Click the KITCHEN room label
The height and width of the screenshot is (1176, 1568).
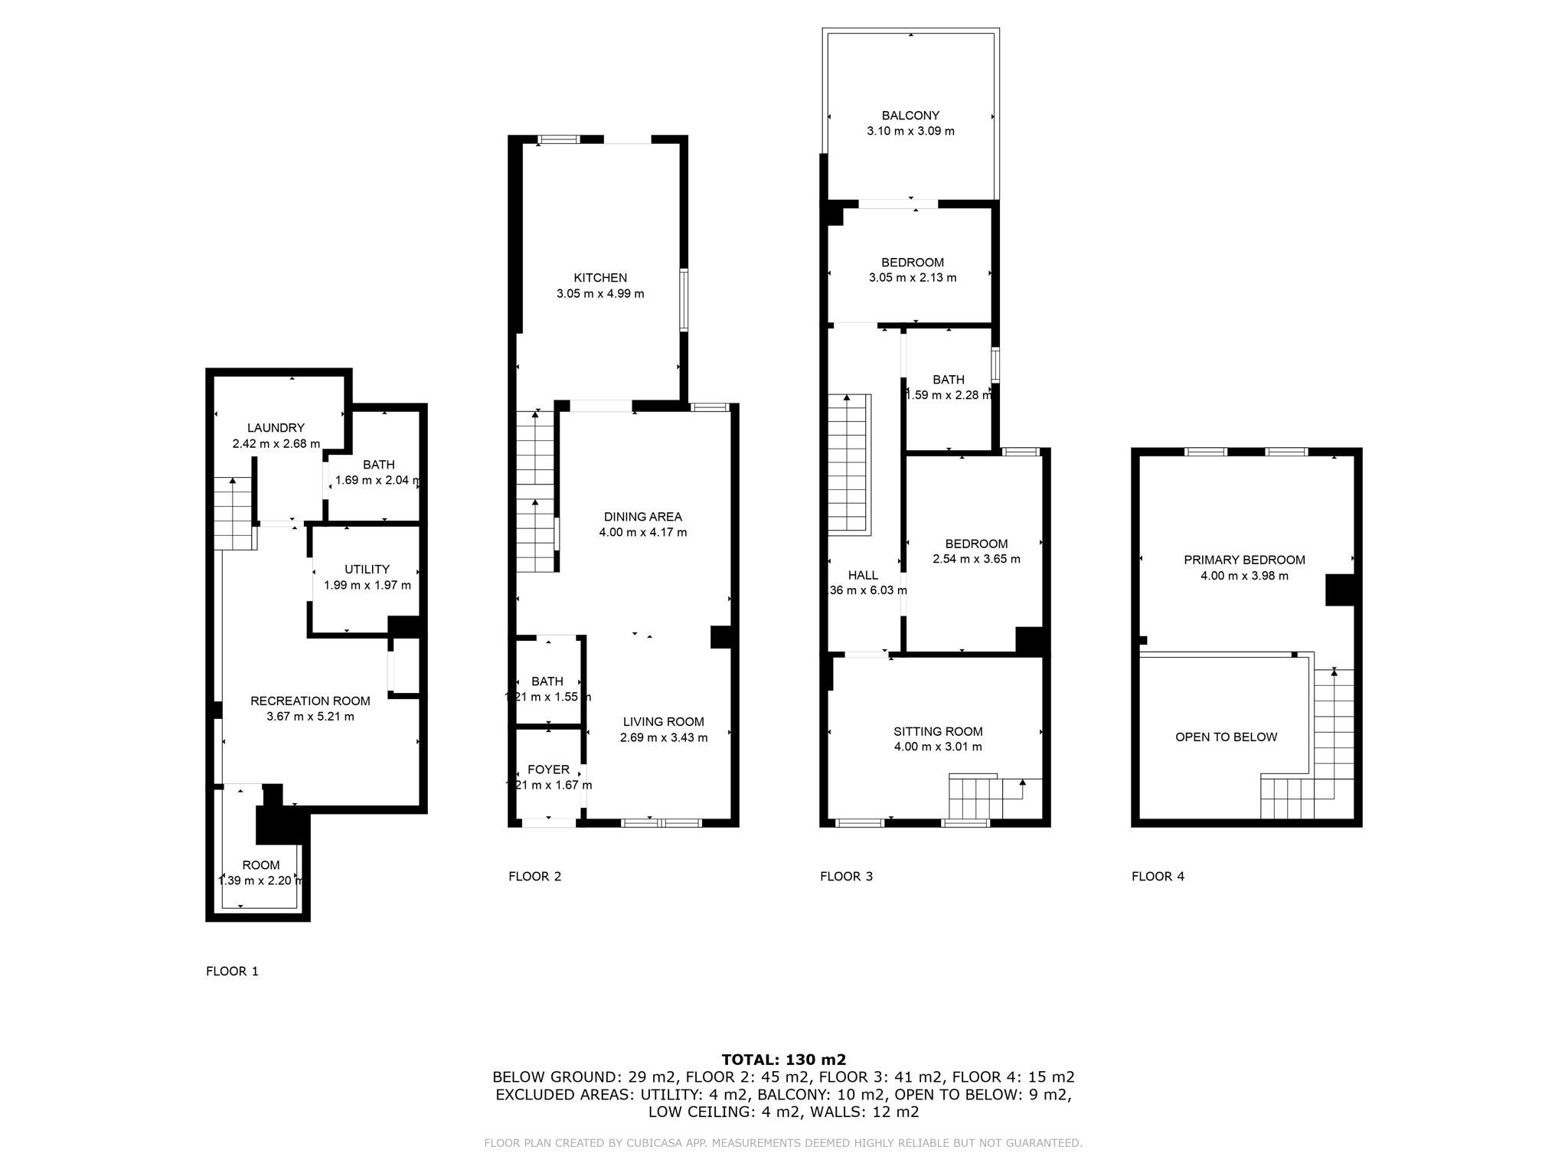600,278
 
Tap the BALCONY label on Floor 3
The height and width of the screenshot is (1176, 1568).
910,116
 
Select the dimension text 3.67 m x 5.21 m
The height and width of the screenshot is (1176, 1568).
310,717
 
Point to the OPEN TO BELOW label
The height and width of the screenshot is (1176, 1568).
1226,737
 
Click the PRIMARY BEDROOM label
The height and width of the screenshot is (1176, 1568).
1244,560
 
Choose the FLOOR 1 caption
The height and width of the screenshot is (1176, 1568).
232,972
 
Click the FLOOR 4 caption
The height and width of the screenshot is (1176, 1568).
1158,877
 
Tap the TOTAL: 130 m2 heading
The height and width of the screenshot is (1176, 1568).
783,1060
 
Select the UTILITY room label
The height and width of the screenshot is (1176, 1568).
367,570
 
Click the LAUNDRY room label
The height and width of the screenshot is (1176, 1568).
276,428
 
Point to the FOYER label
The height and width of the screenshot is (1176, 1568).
548,769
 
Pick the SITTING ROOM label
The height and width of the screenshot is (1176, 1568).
938,731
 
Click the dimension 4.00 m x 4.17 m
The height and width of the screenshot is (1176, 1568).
642,532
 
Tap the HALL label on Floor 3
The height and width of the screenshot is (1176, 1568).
863,575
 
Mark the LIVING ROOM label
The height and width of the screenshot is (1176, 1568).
663,721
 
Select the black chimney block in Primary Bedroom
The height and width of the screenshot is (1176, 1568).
1340,590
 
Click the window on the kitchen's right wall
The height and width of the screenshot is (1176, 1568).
684,299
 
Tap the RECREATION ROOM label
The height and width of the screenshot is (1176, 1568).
310,701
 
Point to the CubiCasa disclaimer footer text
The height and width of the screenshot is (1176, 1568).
783,1143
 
